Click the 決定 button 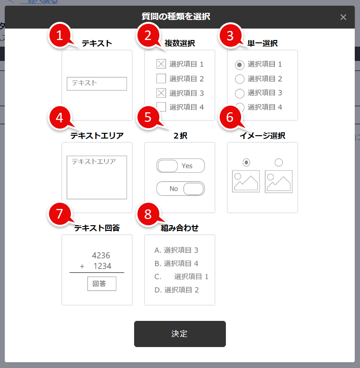pyautogui.click(x=180, y=334)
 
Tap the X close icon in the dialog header pyautogui.click(x=343, y=17)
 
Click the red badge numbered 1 pyautogui.click(x=59, y=35)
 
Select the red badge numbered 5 pyautogui.click(x=148, y=118)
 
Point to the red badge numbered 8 pyautogui.click(x=148, y=214)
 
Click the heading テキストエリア pyautogui.click(x=97, y=136)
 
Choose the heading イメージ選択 pyautogui.click(x=262, y=136)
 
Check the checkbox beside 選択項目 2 pyautogui.click(x=161, y=79)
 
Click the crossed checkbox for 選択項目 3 pyautogui.click(x=161, y=93)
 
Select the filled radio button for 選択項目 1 pyautogui.click(x=240, y=64)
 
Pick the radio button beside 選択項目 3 pyautogui.click(x=240, y=93)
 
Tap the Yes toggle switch pyautogui.click(x=180, y=166)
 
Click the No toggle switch pyautogui.click(x=180, y=189)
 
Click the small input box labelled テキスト pyautogui.click(x=97, y=83)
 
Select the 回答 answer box pyautogui.click(x=101, y=284)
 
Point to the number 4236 pyautogui.click(x=101, y=256)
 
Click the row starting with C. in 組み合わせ pyautogui.click(x=181, y=277)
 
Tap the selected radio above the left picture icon pyautogui.click(x=246, y=162)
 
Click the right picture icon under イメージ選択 pyautogui.click(x=279, y=181)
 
